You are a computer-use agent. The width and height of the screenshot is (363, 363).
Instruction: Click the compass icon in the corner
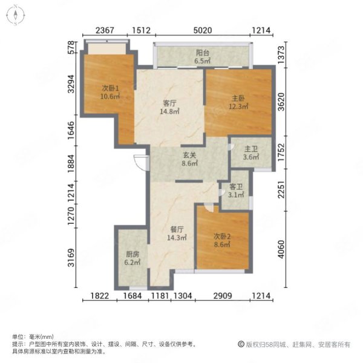[16, 16]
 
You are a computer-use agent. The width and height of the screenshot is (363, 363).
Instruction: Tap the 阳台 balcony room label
[203, 53]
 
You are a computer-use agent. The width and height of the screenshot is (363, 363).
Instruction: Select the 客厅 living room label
[169, 103]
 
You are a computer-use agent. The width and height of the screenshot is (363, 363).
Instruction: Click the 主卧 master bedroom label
[238, 99]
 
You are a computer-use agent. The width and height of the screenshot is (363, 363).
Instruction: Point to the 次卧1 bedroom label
[111, 88]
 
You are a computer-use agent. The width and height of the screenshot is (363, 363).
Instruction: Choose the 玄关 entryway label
[189, 155]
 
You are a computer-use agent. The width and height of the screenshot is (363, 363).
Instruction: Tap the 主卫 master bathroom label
[251, 149]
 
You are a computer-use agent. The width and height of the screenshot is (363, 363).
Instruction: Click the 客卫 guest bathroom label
[236, 186]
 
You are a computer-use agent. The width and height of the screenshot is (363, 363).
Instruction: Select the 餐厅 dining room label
[177, 229]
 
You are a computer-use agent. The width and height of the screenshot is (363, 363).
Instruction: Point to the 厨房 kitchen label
[132, 254]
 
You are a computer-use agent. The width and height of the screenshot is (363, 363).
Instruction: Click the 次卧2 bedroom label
[222, 237]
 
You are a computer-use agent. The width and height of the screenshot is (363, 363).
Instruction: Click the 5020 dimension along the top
[203, 30]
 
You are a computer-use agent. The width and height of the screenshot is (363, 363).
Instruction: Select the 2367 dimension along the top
[105, 30]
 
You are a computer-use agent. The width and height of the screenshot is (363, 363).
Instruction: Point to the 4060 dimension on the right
[281, 249]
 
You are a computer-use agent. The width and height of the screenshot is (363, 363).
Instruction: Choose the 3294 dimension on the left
[71, 84]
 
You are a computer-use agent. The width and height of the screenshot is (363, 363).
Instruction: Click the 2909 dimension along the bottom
[223, 296]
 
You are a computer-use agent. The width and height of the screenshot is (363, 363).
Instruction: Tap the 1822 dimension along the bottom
[100, 296]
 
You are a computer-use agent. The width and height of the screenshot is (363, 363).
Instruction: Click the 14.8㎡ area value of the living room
[169, 111]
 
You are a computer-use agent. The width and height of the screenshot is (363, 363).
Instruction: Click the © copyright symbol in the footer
[241, 344]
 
